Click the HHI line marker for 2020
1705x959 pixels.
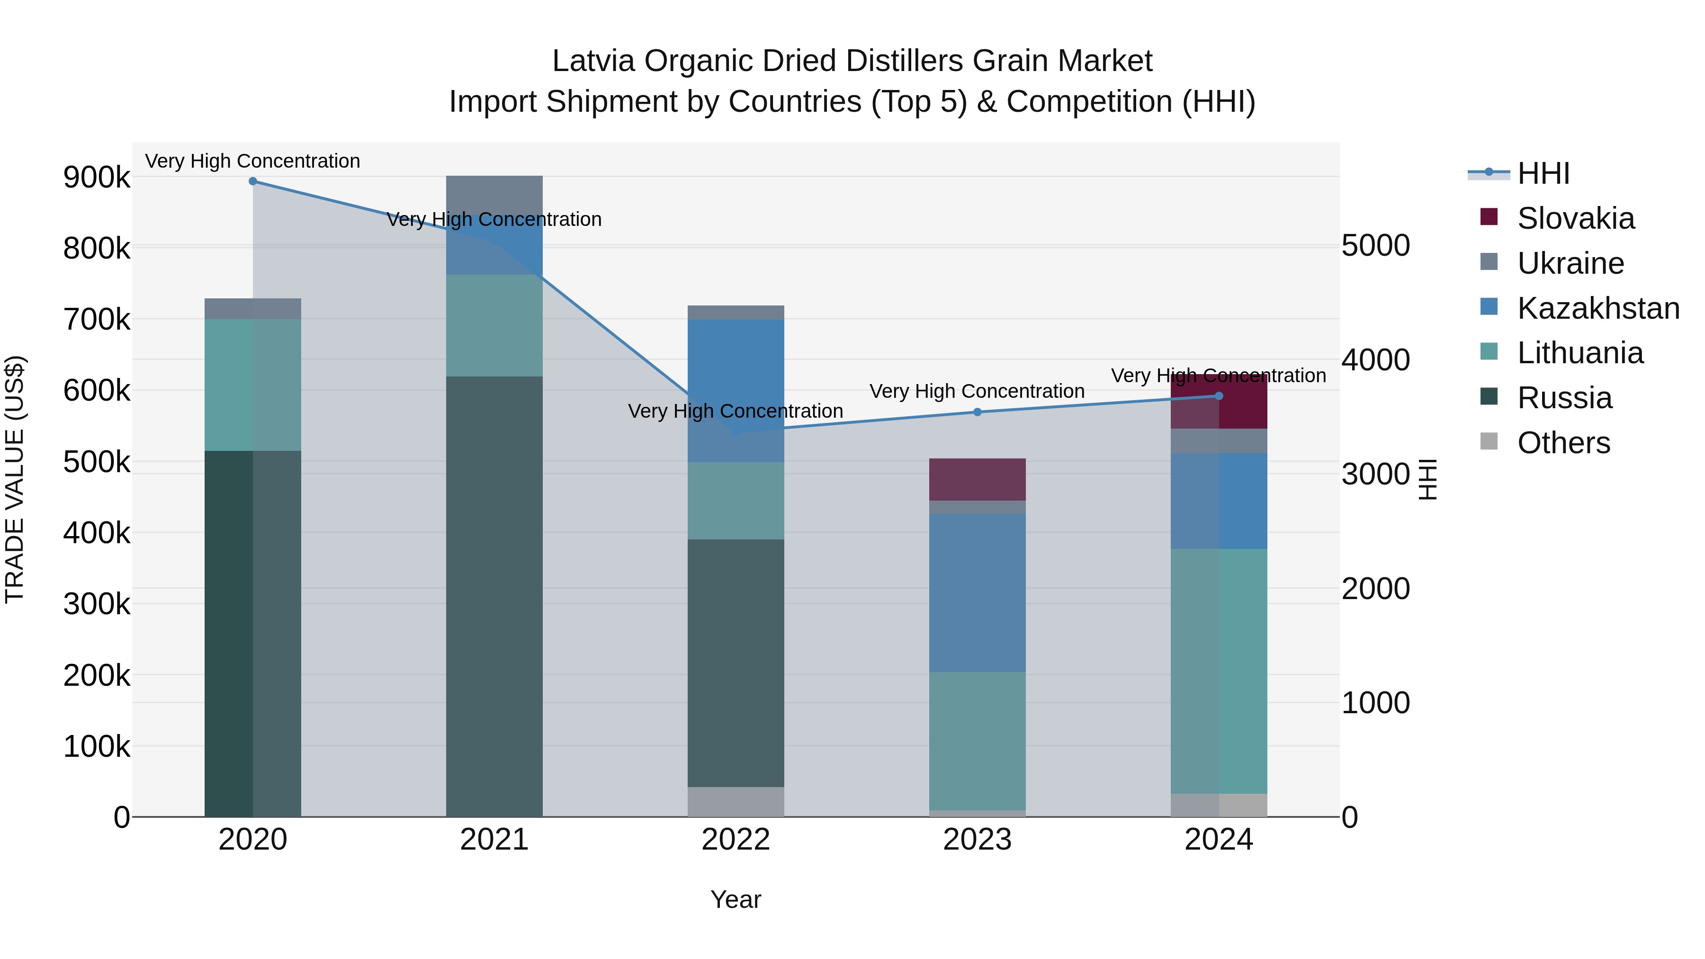pyautogui.click(x=253, y=181)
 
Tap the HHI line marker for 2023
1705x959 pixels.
pyautogui.click(x=977, y=412)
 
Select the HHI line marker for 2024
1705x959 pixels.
pyautogui.click(x=1219, y=396)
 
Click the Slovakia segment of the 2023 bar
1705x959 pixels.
pyautogui.click(x=977, y=480)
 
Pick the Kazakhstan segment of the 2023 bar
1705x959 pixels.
pyautogui.click(x=977, y=592)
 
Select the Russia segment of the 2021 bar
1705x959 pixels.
pyautogui.click(x=494, y=596)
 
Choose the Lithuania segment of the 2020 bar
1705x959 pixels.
pyautogui.click(x=253, y=385)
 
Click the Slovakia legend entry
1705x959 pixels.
pyautogui.click(x=1575, y=218)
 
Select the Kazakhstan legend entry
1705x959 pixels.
pyautogui.click(x=1598, y=308)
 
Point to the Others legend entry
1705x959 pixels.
pyautogui.click(x=1563, y=443)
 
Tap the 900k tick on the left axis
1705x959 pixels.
pyautogui.click(x=97, y=178)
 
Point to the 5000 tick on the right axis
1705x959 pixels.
pyautogui.click(x=1375, y=245)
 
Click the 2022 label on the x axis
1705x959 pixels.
pyautogui.click(x=736, y=840)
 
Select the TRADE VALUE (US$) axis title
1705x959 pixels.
pyautogui.click(x=15, y=479)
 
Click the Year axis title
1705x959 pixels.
pyautogui.click(x=736, y=899)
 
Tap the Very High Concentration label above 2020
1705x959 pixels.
pyautogui.click(x=253, y=161)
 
